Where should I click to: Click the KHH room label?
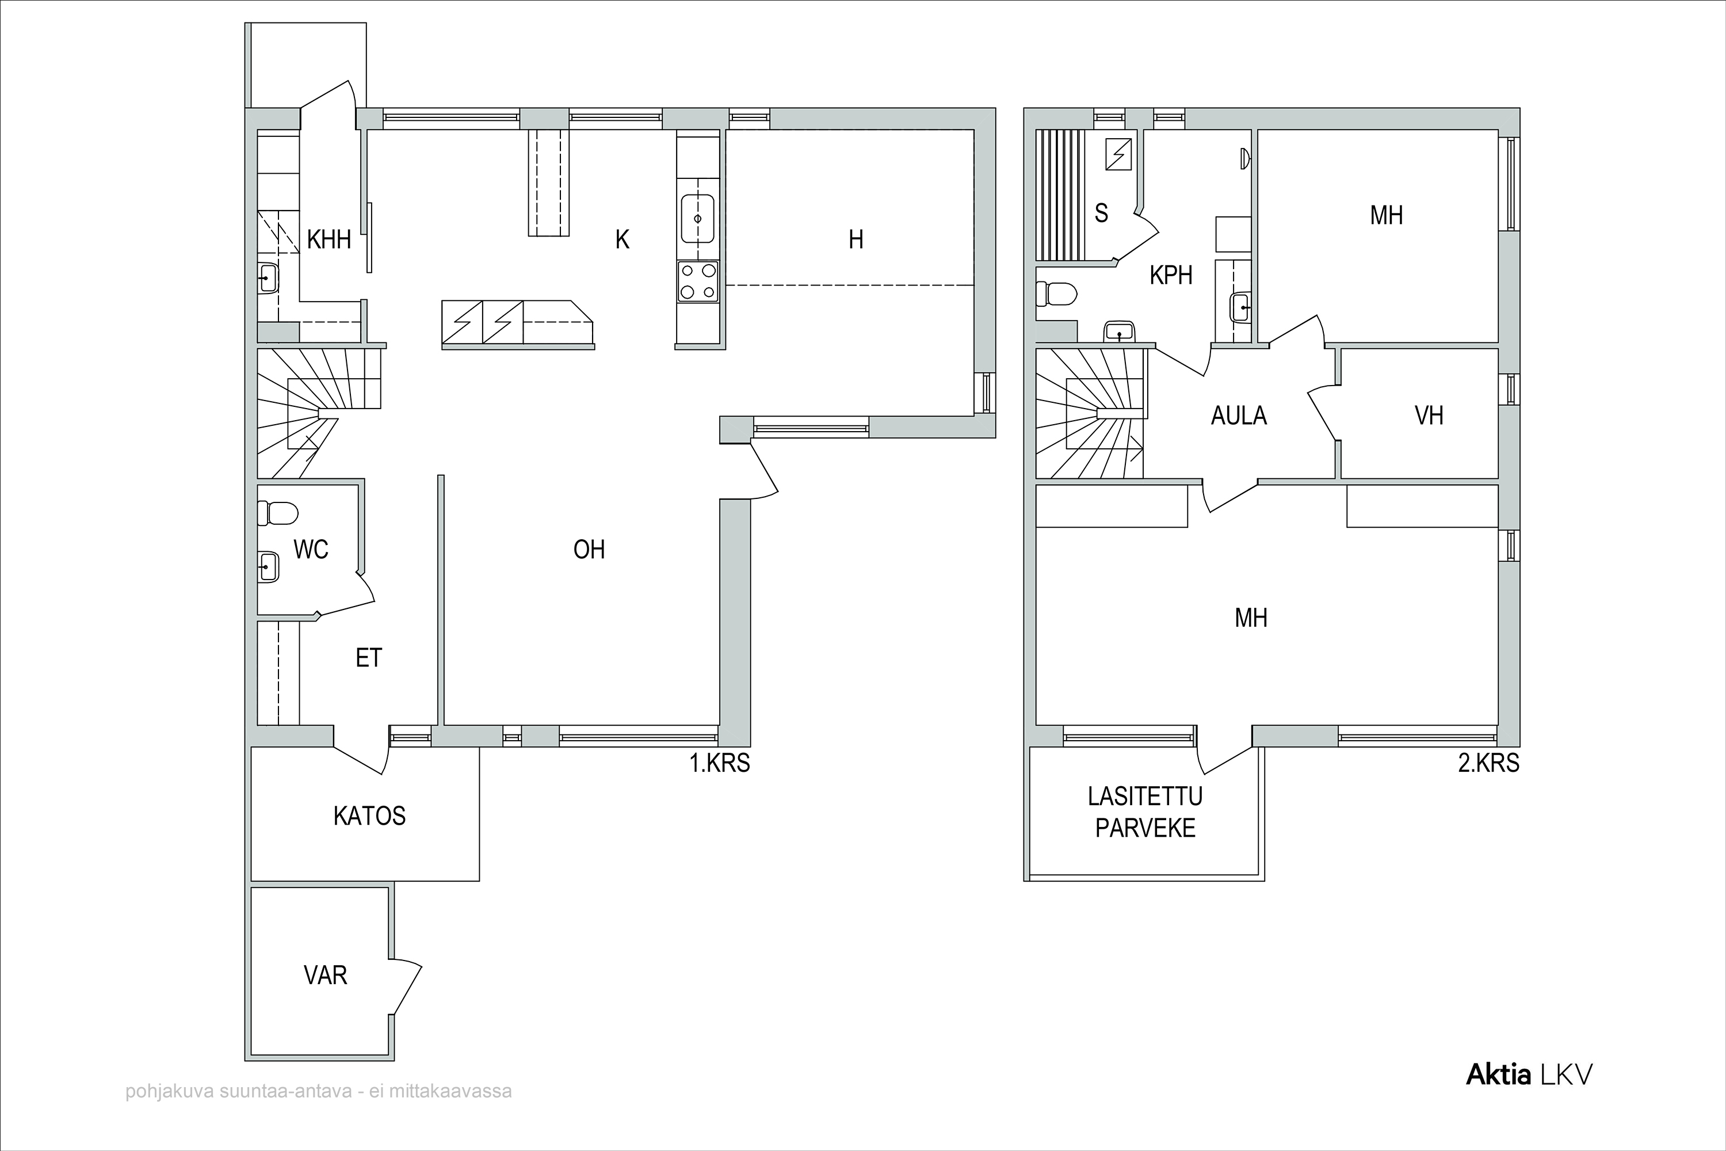[329, 239]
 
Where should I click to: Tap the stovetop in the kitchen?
[698, 281]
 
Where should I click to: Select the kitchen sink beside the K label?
[698, 218]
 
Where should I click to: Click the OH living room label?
[589, 550]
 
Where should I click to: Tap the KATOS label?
[369, 816]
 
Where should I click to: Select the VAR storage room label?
[325, 975]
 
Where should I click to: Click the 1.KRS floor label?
[719, 764]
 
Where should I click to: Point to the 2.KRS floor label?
[1488, 764]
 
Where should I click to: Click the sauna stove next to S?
[1118, 154]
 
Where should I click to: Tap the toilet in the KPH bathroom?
[1056, 294]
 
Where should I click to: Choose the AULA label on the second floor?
[1239, 416]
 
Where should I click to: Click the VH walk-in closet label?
[1429, 416]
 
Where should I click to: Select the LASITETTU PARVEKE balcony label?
[1145, 812]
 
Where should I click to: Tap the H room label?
[856, 239]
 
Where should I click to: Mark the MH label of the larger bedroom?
[1251, 619]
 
